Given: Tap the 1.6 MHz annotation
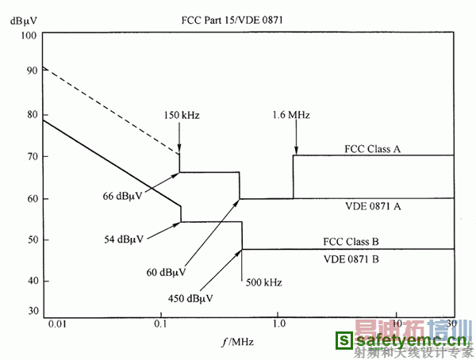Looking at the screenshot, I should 293,116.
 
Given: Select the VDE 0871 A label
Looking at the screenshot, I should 372,205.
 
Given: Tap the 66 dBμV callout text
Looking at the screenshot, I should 121,195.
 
